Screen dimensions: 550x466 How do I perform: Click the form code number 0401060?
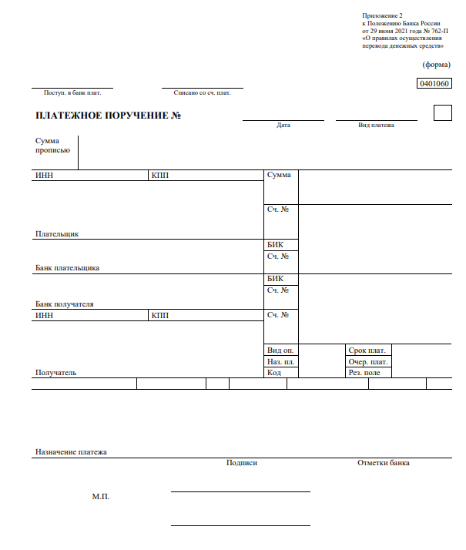(x=434, y=83)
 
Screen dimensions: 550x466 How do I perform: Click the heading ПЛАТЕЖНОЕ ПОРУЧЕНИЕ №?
(x=108, y=116)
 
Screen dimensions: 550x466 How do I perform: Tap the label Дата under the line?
(x=283, y=125)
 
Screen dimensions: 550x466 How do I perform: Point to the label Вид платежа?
(x=376, y=125)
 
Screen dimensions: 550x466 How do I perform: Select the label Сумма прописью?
(x=52, y=146)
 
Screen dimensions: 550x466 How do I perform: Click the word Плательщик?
(x=57, y=233)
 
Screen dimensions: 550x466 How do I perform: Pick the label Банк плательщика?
(x=67, y=268)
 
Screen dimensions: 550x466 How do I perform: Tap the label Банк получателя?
(x=65, y=304)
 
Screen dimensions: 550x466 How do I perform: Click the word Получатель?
(x=55, y=373)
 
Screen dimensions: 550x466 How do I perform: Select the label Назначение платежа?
(x=71, y=452)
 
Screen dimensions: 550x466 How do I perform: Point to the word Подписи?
(x=242, y=463)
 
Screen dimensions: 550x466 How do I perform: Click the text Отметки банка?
(x=384, y=463)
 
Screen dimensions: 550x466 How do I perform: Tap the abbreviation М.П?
(x=101, y=497)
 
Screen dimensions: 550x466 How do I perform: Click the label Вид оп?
(x=280, y=350)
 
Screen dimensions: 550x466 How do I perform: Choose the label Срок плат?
(x=367, y=350)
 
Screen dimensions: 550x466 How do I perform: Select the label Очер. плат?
(x=369, y=361)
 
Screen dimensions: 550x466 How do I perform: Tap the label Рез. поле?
(x=364, y=373)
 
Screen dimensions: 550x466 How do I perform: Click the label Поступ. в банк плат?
(x=72, y=93)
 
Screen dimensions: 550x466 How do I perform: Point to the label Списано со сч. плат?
(x=203, y=93)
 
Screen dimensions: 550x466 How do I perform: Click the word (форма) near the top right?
(x=437, y=65)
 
